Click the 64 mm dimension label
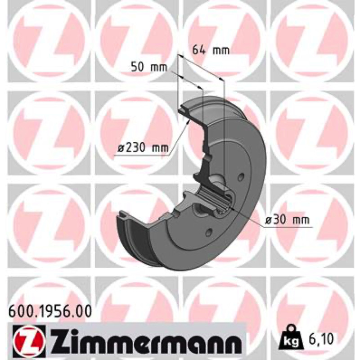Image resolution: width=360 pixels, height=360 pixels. coord(211,50)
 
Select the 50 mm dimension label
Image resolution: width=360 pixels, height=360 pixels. coord(148,67)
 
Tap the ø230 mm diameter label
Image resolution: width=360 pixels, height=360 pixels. coord(143,148)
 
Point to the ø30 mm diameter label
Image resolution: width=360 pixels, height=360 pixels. coord(287,220)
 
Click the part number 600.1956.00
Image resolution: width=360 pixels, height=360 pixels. coord(50,311)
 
